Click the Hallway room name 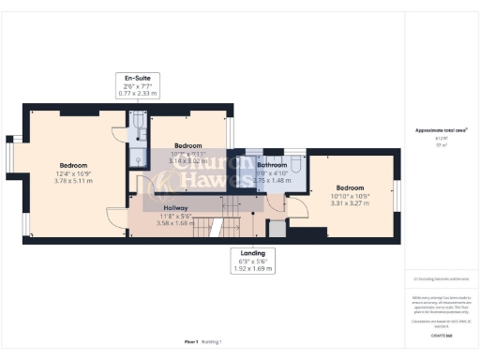176,206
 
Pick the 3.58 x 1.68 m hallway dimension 176,223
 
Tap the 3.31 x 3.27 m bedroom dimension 349,202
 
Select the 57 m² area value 441,145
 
